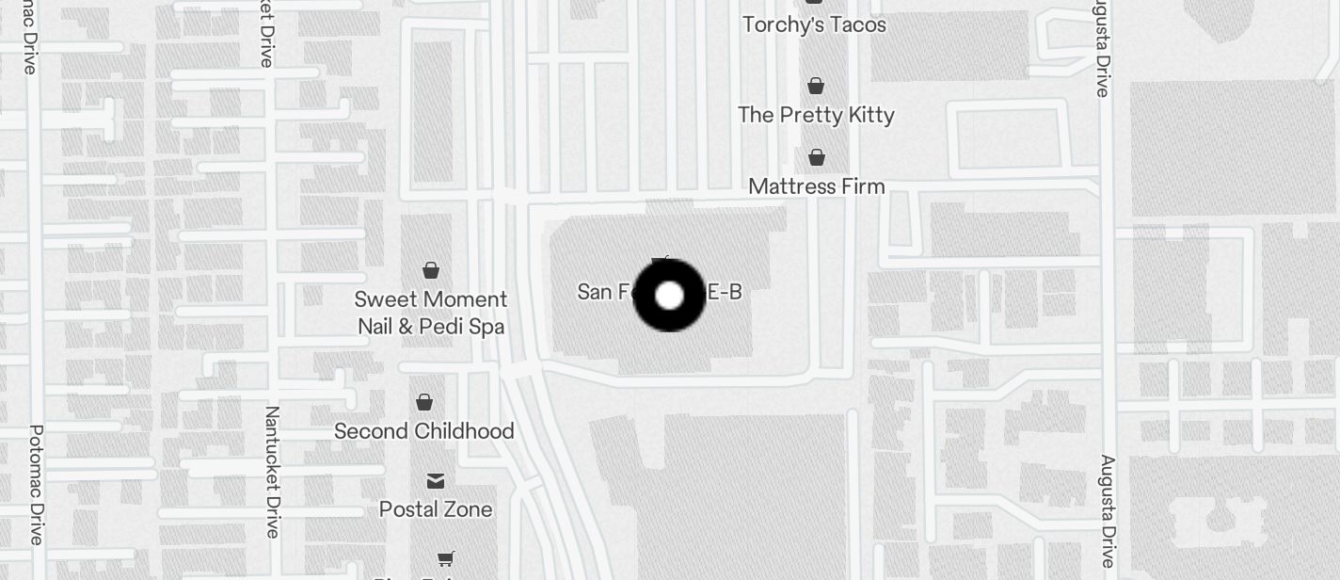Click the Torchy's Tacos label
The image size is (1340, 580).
click(814, 24)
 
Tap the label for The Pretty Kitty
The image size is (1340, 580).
click(816, 115)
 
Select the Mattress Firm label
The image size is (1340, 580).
click(817, 186)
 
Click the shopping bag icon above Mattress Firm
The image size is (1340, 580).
click(817, 157)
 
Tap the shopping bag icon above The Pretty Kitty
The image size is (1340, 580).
click(816, 86)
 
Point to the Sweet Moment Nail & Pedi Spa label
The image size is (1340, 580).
click(431, 313)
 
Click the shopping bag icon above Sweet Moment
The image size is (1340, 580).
click(431, 270)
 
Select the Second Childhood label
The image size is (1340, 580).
click(424, 431)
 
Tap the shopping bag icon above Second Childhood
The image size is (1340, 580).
click(424, 402)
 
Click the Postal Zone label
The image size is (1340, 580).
click(436, 509)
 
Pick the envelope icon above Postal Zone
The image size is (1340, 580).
click(436, 481)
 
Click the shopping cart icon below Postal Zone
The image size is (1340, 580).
click(446, 558)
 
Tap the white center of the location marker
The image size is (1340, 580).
click(669, 296)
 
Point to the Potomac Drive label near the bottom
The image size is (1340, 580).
click(36, 484)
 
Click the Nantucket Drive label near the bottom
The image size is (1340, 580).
click(272, 472)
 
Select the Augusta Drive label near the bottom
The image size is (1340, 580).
click(1107, 510)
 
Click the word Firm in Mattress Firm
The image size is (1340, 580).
click(863, 186)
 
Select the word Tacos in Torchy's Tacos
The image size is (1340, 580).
click(855, 24)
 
